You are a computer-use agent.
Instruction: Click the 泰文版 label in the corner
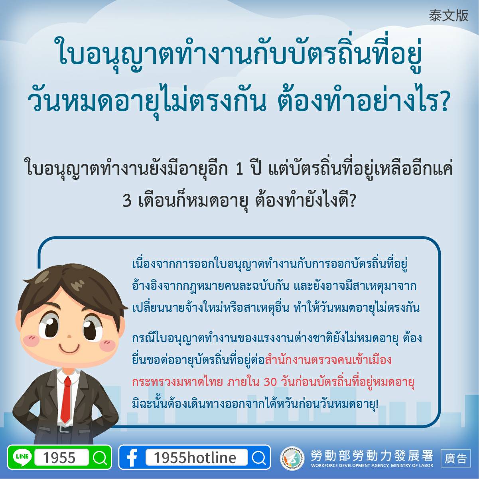coord(448,16)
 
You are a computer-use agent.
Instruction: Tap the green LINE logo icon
coord(22,457)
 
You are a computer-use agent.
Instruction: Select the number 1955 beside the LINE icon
coord(59,457)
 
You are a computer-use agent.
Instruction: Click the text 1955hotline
coord(195,457)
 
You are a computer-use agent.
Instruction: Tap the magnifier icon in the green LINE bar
coord(100,457)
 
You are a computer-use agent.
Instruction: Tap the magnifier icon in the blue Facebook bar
coord(258,457)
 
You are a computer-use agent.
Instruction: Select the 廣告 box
coord(455,458)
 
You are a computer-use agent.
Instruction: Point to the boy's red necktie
coord(66,400)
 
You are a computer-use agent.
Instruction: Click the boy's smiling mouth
coord(70,347)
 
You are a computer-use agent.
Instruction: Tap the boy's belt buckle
coord(64,429)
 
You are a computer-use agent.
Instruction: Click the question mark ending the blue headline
coord(442,102)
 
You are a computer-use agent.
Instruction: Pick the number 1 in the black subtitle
coord(239,170)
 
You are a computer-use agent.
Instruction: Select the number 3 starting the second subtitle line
coord(127,201)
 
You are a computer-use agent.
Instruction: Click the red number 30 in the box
coord(270,382)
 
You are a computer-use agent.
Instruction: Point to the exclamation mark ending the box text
coord(377,404)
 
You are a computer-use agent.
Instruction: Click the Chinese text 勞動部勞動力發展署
coord(372,455)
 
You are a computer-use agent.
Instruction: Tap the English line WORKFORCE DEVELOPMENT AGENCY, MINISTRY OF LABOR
coord(372,465)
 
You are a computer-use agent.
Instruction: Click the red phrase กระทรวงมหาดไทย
coord(177,382)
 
